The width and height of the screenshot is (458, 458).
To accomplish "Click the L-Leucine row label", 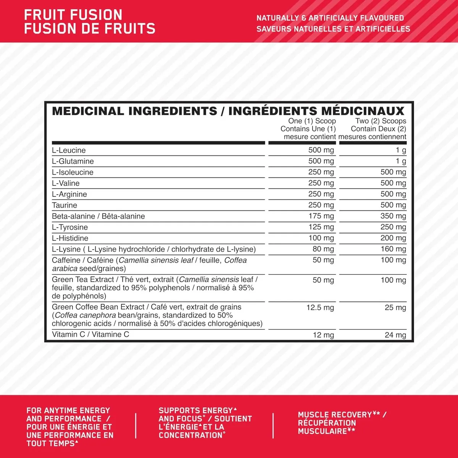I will coord(69,150).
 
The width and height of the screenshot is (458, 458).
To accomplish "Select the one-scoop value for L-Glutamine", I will coord(321,161).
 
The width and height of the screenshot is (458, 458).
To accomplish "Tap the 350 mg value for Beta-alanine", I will coord(393,216).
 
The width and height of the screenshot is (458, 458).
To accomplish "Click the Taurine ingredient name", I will coord(65,205).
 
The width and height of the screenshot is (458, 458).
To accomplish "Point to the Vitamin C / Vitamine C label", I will coord(90,335).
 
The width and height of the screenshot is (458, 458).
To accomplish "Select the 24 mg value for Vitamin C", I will coord(395,335).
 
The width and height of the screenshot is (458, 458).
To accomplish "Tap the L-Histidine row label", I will coord(70,238).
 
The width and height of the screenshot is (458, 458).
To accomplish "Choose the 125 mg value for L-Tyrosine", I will coord(321,227).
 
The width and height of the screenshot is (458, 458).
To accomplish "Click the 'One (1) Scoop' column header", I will coord(312,121).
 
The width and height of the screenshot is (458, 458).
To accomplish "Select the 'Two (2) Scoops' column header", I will coord(381,121).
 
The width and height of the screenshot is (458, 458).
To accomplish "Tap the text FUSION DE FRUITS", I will coord(90,29).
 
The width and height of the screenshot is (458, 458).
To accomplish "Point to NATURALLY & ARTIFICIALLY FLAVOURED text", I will coord(330,18).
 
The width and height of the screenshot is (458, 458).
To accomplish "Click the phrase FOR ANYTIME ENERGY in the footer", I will coord(68,411).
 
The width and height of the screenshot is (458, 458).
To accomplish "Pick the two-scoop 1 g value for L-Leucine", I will coord(400,150).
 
